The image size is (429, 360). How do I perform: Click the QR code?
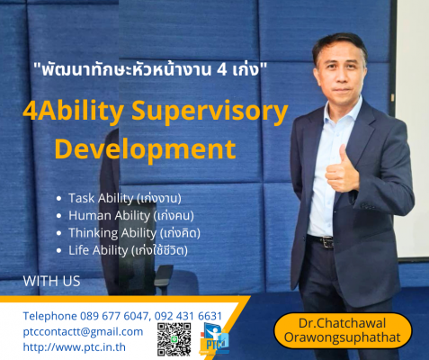174,339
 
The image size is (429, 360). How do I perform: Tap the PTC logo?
214,339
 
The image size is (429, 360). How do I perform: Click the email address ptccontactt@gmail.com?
83,332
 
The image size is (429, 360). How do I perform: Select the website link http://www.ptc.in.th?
75,347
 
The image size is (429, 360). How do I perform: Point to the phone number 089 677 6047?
114,316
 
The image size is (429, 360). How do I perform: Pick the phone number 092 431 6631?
188,316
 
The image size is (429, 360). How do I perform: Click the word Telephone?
50,316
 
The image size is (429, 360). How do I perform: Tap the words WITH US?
51,281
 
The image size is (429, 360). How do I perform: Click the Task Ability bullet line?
119,198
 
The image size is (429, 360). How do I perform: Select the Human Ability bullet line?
125,216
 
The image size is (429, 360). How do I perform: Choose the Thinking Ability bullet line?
129,233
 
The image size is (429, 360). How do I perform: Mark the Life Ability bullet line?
122,250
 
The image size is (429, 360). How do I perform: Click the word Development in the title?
145,149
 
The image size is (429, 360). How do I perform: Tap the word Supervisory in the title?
210,112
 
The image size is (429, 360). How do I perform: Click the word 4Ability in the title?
74,112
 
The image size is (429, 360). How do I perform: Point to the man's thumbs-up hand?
342,170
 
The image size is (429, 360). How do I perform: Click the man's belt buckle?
328,242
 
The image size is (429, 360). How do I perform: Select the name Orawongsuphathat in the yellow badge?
343,337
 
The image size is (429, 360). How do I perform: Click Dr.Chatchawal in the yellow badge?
342,323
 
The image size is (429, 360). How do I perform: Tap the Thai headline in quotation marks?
150,70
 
